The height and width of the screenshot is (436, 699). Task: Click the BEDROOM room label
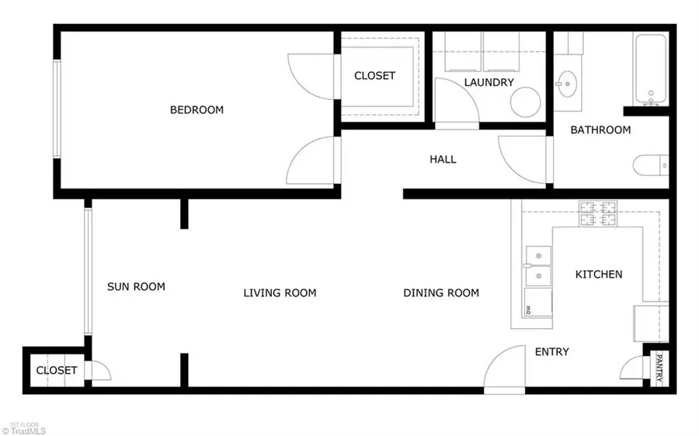(196, 109)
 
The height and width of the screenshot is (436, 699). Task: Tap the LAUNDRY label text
(489, 82)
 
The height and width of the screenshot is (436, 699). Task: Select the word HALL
(443, 160)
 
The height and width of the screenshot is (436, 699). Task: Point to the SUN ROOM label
(136, 286)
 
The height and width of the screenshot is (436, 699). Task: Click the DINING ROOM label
(441, 292)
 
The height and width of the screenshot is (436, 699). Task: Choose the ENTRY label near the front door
(552, 352)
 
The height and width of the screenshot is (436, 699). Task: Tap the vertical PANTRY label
(659, 368)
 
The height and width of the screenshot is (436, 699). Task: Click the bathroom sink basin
(567, 84)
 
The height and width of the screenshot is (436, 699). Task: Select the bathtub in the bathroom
(651, 70)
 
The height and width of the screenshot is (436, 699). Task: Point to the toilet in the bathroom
(650, 165)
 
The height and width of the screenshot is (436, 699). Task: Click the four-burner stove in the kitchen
(597, 214)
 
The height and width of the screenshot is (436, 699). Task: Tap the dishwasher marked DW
(538, 302)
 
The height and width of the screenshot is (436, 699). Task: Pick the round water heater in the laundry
(525, 102)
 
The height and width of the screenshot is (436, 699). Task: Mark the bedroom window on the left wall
(57, 109)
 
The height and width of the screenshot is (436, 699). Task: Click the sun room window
(88, 272)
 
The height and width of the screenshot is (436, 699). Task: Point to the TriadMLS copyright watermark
(24, 431)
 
